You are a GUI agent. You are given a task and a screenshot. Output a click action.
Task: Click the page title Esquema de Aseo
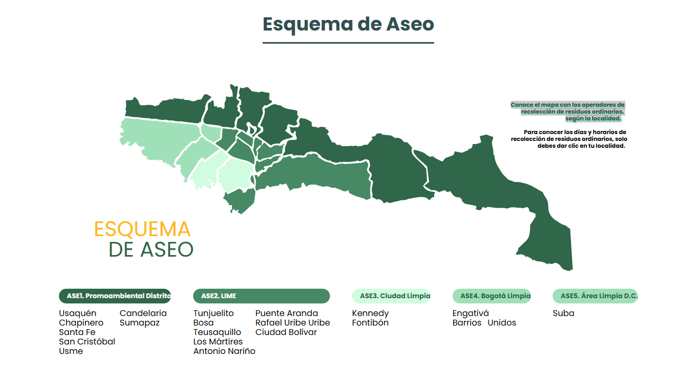348,24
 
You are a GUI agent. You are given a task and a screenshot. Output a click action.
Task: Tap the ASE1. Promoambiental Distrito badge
115,296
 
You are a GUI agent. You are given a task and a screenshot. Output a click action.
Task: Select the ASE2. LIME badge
261,296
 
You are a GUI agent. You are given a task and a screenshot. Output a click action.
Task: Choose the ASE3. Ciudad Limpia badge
391,296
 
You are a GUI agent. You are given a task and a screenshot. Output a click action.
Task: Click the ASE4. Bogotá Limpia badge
492,296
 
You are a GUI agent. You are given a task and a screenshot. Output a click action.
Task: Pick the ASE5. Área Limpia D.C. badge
595,296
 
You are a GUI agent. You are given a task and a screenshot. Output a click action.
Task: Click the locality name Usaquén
77,313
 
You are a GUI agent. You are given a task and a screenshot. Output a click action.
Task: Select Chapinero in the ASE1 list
81,323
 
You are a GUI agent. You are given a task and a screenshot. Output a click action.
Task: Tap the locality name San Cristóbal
87,342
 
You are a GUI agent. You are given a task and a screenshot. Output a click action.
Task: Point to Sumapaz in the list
139,323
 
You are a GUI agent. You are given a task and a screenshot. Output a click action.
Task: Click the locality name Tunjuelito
213,313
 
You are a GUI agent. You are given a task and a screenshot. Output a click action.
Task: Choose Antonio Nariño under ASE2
224,351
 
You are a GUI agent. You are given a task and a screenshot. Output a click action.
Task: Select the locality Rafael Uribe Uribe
293,323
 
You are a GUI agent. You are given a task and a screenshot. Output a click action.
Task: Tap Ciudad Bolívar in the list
286,332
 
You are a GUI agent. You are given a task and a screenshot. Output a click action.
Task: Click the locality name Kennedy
370,313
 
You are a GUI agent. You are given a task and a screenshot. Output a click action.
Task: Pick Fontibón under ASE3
370,323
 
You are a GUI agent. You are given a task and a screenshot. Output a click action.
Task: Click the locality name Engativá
470,313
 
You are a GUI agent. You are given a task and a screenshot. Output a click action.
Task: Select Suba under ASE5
563,313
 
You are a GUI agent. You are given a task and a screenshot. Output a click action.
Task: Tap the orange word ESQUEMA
142,229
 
